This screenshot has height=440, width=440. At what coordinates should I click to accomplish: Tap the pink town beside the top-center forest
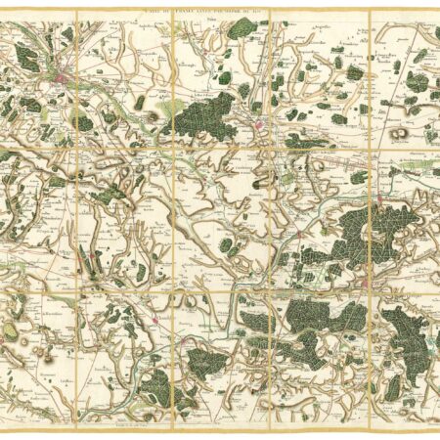[x=260, y=124]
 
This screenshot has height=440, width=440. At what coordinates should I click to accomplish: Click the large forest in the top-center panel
[x=205, y=116]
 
